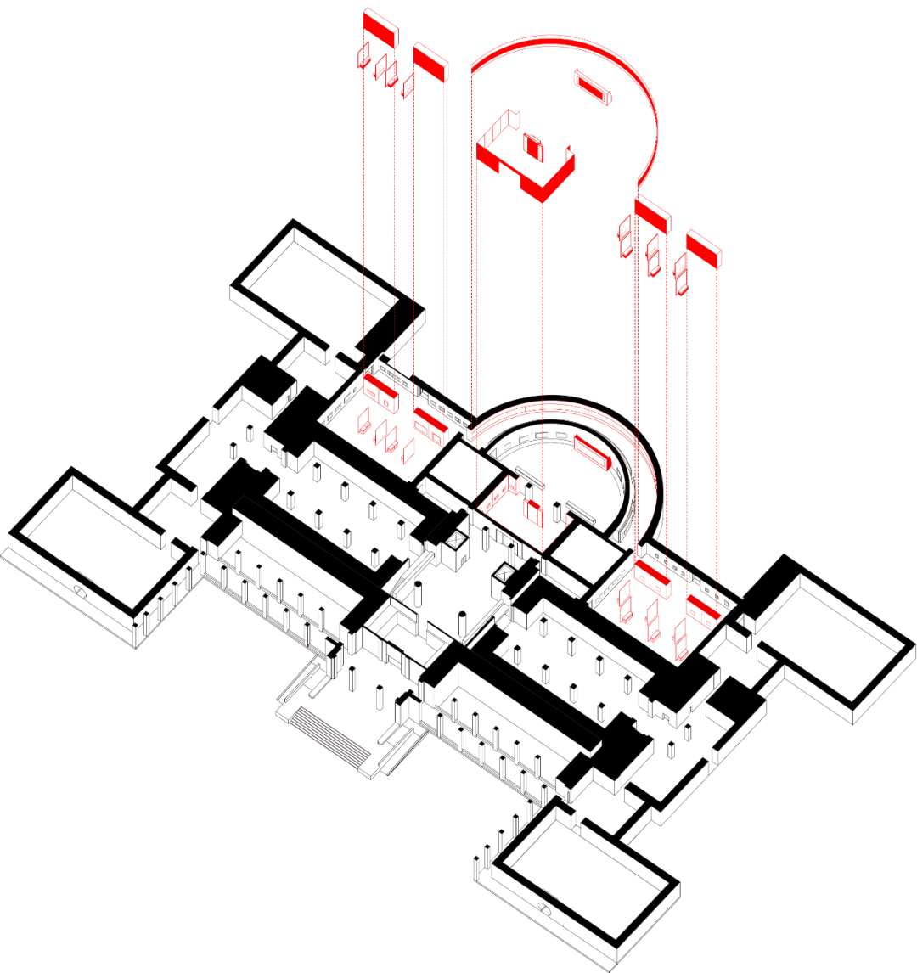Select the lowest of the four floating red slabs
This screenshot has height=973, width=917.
(x=703, y=249)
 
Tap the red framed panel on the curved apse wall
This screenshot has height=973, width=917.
(x=593, y=451)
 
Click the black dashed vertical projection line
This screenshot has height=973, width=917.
(x=472, y=255)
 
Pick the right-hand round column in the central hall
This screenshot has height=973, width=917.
(x=464, y=621)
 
